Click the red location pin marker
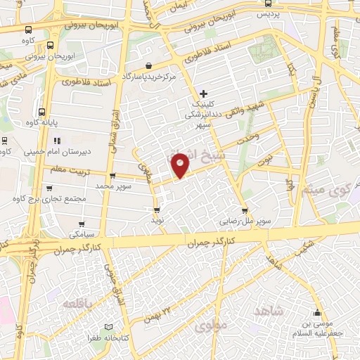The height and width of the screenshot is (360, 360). [x=181, y=165]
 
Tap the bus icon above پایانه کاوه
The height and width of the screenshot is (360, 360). [x=42, y=112]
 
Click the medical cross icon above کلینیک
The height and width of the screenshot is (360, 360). [x=204, y=93]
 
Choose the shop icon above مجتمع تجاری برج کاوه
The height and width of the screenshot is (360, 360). [x=49, y=188]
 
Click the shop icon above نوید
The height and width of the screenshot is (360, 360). [x=157, y=209]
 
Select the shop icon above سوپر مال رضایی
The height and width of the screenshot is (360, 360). [x=244, y=209]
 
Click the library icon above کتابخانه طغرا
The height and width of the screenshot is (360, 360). [x=108, y=327]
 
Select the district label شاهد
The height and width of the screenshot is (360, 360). [x=269, y=310]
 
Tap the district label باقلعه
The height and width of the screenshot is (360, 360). [x=79, y=304]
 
